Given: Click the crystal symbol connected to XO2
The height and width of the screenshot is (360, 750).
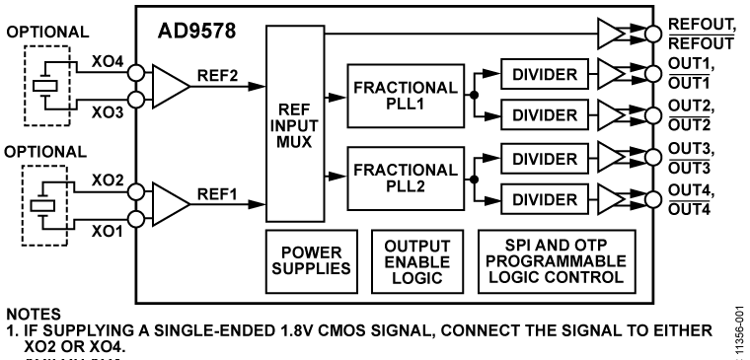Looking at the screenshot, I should [x=42, y=205].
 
